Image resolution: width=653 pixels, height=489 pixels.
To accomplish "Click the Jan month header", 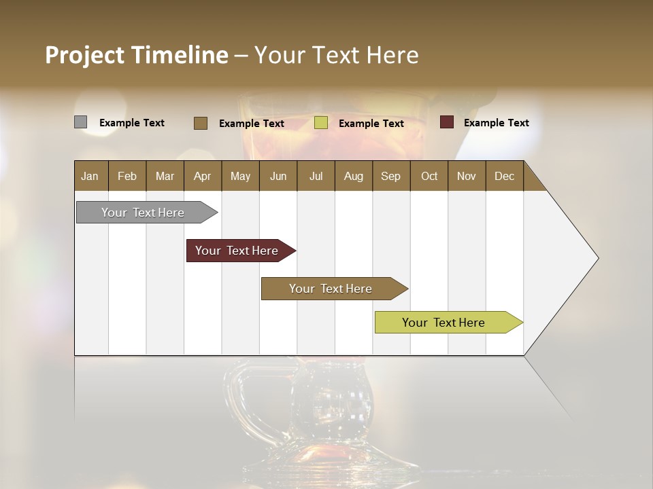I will coord(90,176).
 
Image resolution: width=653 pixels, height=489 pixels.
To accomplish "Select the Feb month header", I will coord(127,176).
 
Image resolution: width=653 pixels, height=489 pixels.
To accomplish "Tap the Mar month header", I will coord(165,176).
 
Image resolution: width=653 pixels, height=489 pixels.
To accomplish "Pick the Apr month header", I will coord(203,176).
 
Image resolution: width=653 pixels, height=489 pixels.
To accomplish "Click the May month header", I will coord(240,176).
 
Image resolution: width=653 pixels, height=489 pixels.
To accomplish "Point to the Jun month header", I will coord(278,176).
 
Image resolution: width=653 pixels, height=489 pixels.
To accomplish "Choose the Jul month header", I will coord(316,176).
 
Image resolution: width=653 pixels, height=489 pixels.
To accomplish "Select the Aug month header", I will coord(354,176).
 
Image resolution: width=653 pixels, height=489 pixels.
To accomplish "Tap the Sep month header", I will coord(391,176).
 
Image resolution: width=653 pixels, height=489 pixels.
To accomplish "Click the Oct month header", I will coord(429,176).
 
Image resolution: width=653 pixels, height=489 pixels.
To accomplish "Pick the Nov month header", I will coord(467,176).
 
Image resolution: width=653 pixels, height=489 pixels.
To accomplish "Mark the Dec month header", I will coord(505,176).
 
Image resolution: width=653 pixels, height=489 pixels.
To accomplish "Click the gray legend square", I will coord(81,122).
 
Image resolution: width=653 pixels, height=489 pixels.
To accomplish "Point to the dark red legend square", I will coord(446,122).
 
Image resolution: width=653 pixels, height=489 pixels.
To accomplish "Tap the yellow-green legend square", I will coord(321,123).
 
